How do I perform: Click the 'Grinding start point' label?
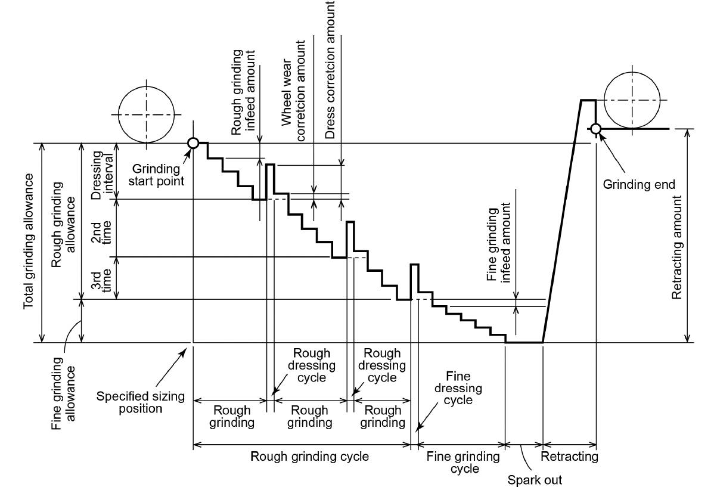(156, 175)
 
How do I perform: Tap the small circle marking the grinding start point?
(193, 143)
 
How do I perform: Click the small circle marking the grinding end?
(595, 129)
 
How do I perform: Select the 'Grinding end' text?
(639, 184)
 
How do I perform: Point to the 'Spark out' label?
(535, 480)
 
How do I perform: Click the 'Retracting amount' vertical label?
(676, 247)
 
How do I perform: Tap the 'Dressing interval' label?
(102, 175)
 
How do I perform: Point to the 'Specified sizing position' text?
(141, 402)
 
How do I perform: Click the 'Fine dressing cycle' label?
(458, 387)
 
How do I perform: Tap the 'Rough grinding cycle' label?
(309, 456)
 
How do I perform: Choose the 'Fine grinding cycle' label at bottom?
(463, 463)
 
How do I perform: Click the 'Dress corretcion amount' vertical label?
(330, 70)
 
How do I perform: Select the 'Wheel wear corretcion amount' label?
(293, 91)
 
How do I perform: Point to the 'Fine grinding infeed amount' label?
(498, 243)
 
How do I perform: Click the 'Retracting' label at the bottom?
(569, 456)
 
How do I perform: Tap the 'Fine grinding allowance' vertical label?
(63, 393)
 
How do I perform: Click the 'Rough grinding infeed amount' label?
(243, 92)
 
